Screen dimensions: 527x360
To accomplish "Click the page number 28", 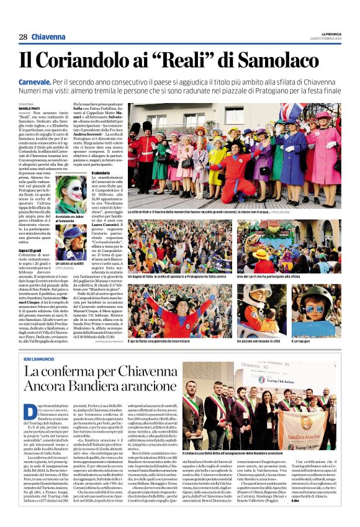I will coord(23,37).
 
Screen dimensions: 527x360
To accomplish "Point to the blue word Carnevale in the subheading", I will coord(37,81).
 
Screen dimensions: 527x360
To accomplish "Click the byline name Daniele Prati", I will coord(28,109).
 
